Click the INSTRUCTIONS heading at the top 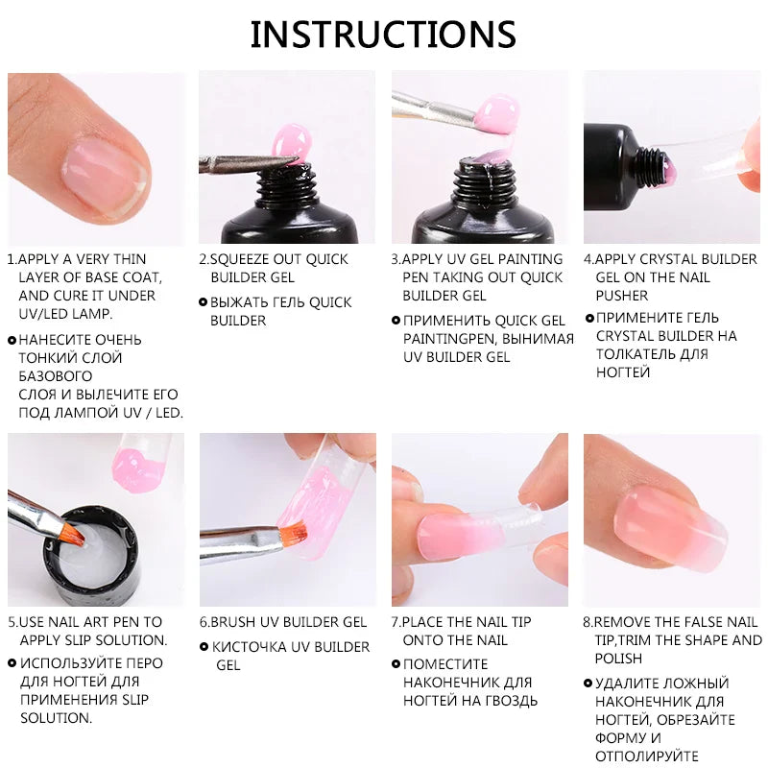pos(383,35)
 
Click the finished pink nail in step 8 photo pos(662,519)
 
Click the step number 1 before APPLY pos(11,259)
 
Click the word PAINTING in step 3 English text pos(530,259)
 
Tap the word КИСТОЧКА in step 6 pos(252,647)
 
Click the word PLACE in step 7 pos(424,622)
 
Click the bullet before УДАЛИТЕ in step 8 pos(588,684)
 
